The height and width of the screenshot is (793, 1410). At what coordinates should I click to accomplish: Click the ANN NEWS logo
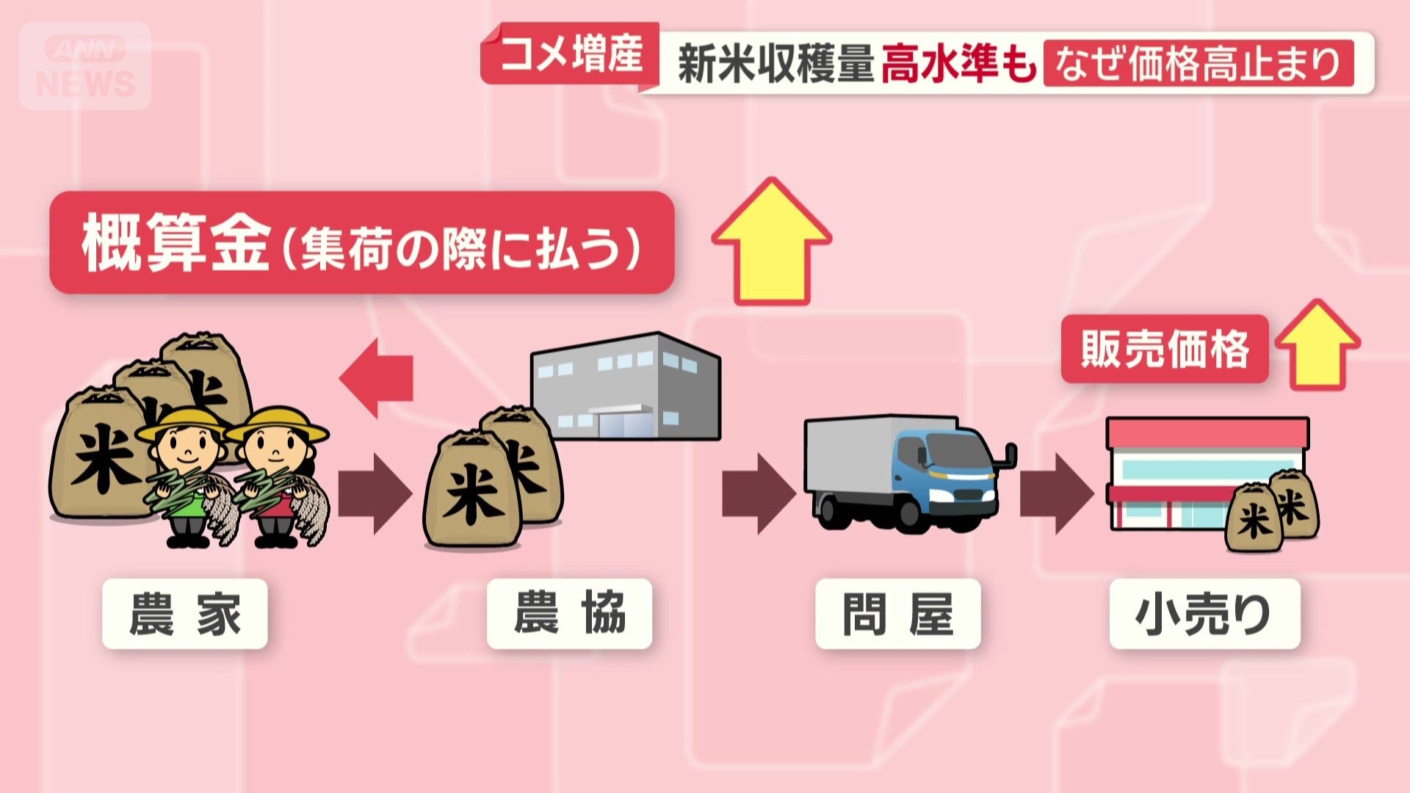[85, 66]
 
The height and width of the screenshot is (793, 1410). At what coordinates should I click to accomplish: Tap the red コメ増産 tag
[571, 54]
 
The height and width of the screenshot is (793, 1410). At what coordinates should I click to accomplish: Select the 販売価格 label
[1165, 349]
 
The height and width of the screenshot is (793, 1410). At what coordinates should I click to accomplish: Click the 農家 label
[184, 614]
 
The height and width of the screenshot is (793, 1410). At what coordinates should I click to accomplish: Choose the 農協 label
[569, 614]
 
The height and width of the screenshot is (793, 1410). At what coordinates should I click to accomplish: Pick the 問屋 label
[897, 614]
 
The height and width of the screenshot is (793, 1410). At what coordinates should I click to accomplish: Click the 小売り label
[1204, 614]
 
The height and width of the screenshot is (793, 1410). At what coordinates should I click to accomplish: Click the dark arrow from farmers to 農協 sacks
[375, 493]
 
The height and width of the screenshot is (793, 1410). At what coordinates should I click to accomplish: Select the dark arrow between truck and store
[1056, 493]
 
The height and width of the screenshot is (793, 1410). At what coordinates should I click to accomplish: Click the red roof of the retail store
[1207, 433]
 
